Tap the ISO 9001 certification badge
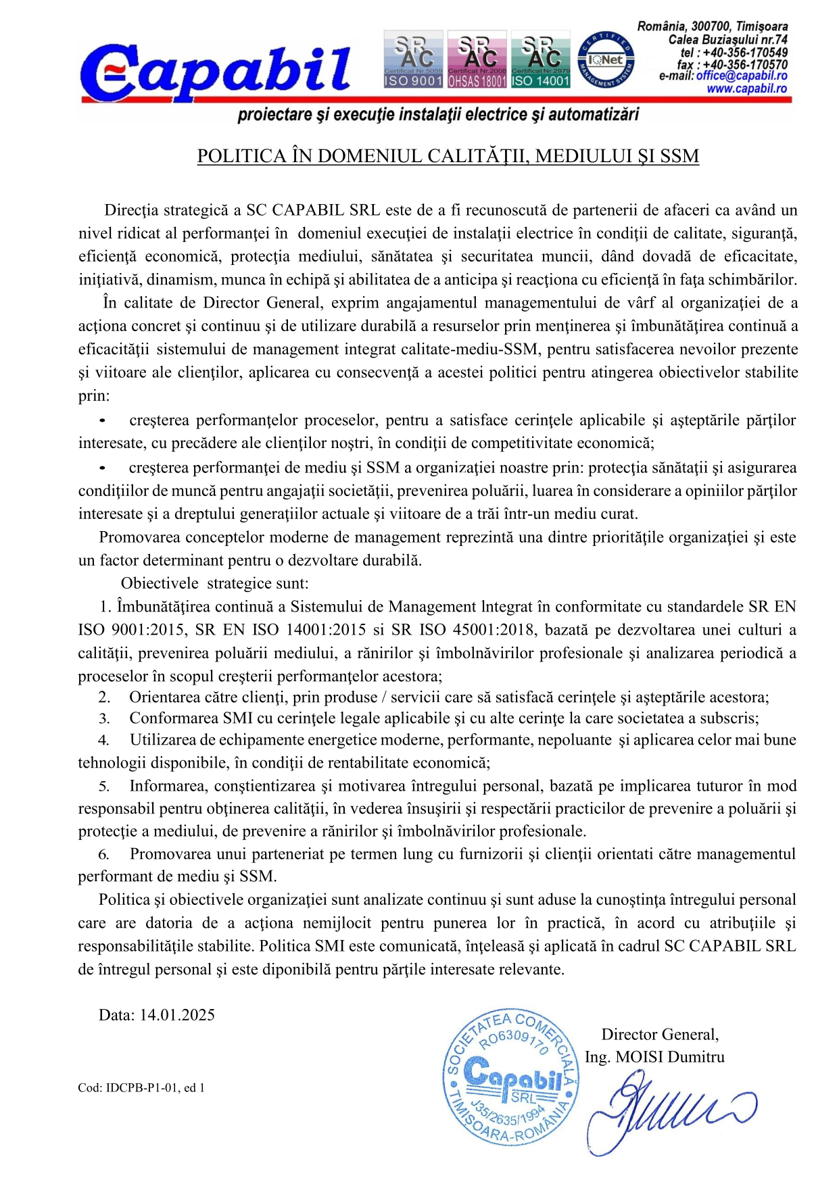click(x=413, y=59)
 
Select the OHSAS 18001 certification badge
click(x=477, y=59)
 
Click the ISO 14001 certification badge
click(x=540, y=59)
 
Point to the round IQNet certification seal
click(x=606, y=60)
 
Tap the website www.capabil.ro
click(x=746, y=89)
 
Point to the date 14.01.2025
click(x=177, y=1015)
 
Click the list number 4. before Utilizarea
click(x=103, y=741)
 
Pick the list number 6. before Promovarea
click(x=103, y=855)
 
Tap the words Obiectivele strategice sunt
click(x=214, y=583)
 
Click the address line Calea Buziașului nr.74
click(x=727, y=40)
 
